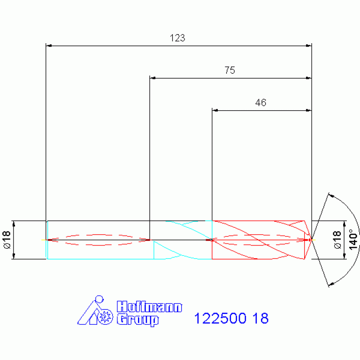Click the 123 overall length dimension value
pos(177,38)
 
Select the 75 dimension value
pos(230,70)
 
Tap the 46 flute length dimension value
pos(260,103)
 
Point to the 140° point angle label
pos(353,239)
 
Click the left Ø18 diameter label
pos(7,240)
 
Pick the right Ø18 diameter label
pos(337,240)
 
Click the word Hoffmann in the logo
pos(149,306)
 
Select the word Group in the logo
pos(138,320)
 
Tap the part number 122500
pos(220,318)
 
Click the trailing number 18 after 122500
pos(260,318)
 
